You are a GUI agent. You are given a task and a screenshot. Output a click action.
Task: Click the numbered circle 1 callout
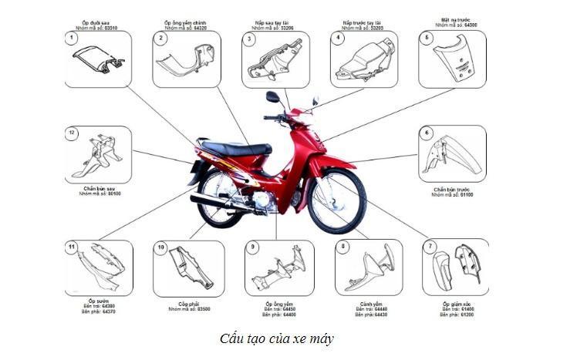click(72, 38)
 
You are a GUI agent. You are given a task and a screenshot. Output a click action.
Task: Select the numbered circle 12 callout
click(72, 133)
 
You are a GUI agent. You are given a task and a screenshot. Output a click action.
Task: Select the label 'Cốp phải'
click(189, 303)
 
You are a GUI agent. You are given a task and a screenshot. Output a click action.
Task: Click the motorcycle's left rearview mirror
click(272, 97)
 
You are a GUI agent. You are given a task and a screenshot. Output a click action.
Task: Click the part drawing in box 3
click(275, 59)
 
